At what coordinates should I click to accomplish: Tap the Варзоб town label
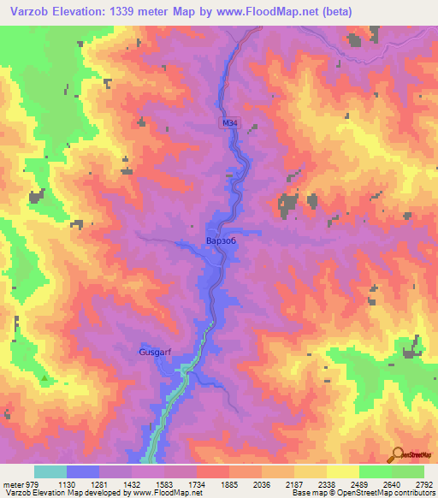pyautogui.click(x=221, y=241)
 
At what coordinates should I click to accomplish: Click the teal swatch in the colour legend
pyautogui.click(x=50, y=472)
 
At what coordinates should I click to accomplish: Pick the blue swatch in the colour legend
pyautogui.click(x=83, y=472)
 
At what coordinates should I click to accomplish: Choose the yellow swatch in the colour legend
pyautogui.click(x=342, y=472)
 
